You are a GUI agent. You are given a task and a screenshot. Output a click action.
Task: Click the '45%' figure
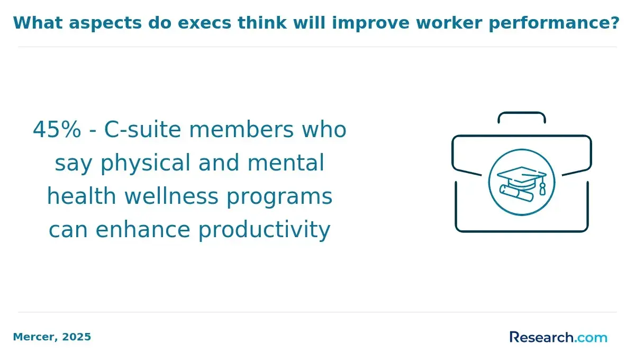[x=57, y=130]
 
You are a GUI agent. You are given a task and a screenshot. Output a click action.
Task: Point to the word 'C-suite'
[x=142, y=130]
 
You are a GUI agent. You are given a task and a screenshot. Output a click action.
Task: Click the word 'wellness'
[x=171, y=196]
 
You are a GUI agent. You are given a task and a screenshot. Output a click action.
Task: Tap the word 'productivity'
[x=264, y=230]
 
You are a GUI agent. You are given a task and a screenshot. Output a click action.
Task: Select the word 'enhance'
[x=142, y=230]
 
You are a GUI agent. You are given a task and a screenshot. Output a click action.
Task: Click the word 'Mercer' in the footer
[x=35, y=337]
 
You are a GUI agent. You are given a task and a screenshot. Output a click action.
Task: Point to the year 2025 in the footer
[x=77, y=337]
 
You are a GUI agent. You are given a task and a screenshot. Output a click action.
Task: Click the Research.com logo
[x=558, y=337]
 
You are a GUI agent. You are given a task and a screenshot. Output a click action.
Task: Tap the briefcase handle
[x=522, y=113]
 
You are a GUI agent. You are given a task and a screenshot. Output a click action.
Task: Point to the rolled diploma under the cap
[x=516, y=193]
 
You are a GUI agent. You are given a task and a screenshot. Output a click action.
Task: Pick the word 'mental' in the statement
[x=285, y=163]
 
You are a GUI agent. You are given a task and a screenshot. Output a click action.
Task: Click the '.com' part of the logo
[x=591, y=338]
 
